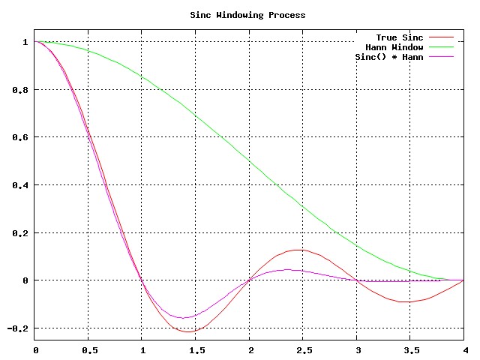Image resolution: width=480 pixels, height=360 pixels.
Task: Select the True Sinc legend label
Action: (399, 37)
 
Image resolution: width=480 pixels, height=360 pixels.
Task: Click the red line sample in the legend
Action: (442, 37)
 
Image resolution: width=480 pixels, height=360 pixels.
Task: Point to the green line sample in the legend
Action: (442, 47)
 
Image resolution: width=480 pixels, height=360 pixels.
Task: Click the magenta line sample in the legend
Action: (442, 58)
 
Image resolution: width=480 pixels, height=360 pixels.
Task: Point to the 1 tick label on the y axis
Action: (25, 42)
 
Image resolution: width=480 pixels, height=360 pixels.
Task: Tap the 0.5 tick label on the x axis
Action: (88, 349)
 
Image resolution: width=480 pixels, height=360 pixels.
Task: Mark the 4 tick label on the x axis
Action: (463, 349)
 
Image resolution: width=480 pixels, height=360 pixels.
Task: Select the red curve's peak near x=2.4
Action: (298, 250)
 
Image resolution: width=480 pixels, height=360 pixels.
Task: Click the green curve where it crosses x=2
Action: (250, 160)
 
